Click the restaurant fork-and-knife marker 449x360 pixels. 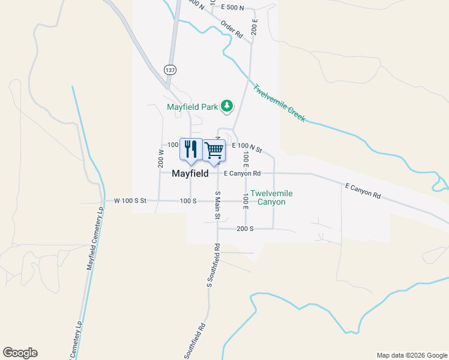pyautogui.click(x=191, y=149)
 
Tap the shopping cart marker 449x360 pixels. pyautogui.click(x=214, y=150)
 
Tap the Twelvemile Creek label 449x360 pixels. pyautogui.click(x=279, y=103)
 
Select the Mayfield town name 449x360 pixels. pyautogui.click(x=190, y=173)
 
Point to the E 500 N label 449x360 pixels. pyautogui.click(x=232, y=8)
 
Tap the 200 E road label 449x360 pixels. pyautogui.click(x=255, y=28)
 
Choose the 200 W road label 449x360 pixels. pyautogui.click(x=161, y=157)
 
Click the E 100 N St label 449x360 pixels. pyautogui.click(x=247, y=146)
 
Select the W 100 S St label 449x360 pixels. pyautogui.click(x=126, y=200)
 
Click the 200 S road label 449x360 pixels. pyautogui.click(x=245, y=229)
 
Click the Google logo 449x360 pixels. pyautogui.click(x=20, y=353)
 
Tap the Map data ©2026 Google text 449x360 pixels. pyautogui.click(x=411, y=355)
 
